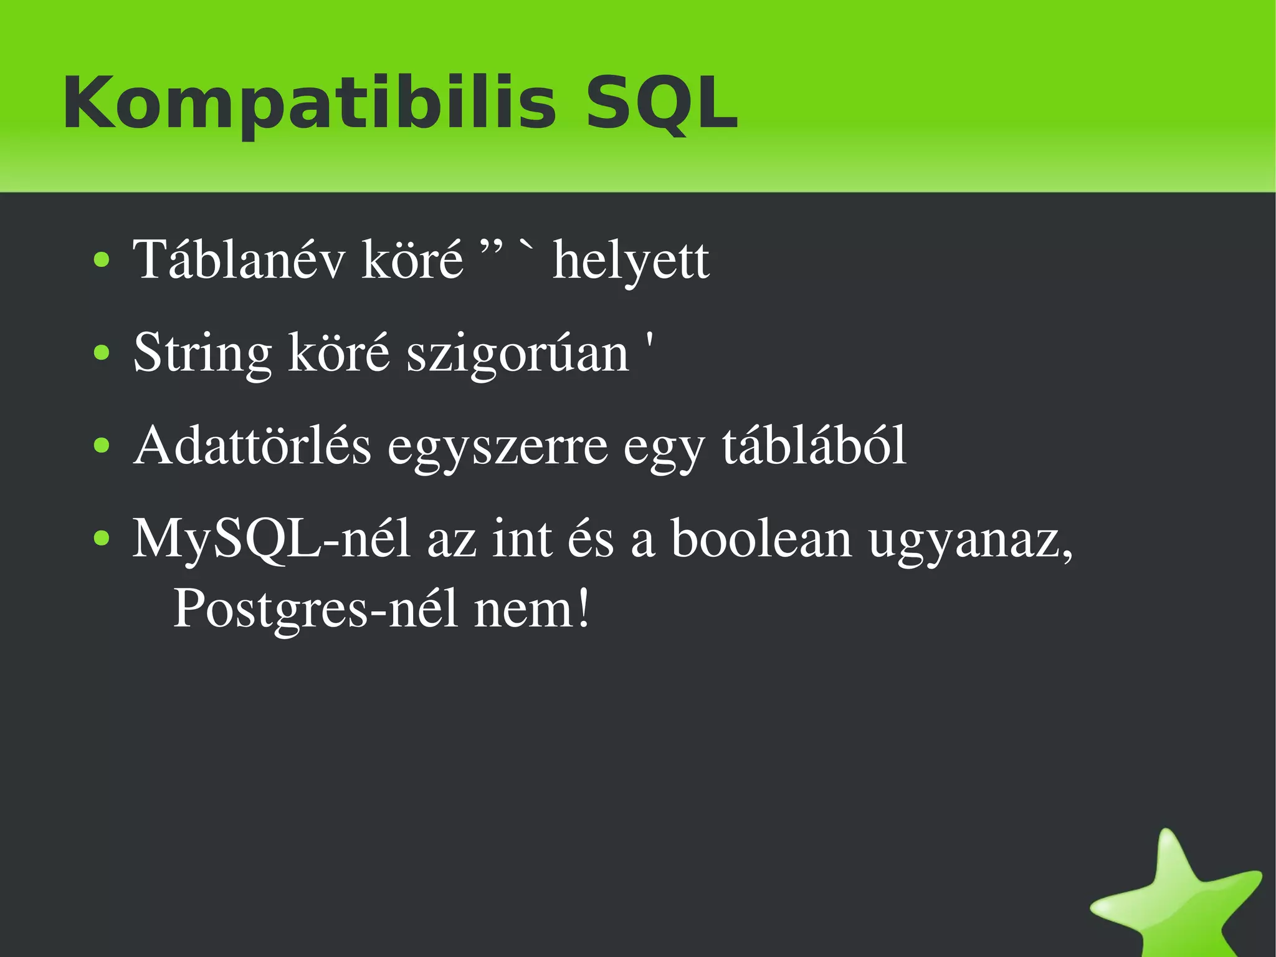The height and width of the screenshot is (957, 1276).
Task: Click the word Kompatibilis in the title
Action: (308, 103)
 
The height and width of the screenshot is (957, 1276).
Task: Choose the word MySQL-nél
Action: (271, 539)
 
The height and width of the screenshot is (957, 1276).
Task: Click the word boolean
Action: (761, 539)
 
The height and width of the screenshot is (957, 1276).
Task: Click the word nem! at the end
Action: (531, 608)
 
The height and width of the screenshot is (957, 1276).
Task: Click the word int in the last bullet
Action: (521, 539)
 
